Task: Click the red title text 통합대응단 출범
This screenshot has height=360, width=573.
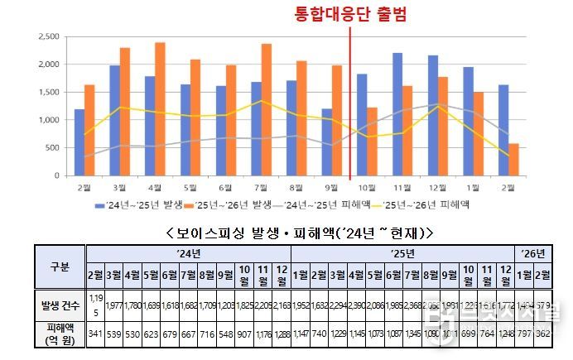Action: pyautogui.click(x=351, y=14)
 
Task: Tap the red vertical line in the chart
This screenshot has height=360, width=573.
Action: pyautogui.click(x=350, y=99)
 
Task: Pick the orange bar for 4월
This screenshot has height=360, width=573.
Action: pyautogui.click(x=160, y=108)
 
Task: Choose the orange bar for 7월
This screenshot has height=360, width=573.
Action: pyautogui.click(x=266, y=109)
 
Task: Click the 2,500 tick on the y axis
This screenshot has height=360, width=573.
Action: pyautogui.click(x=49, y=36)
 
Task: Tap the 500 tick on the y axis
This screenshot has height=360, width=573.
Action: pyautogui.click(x=53, y=148)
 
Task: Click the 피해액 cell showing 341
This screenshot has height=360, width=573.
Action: pyautogui.click(x=96, y=334)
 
